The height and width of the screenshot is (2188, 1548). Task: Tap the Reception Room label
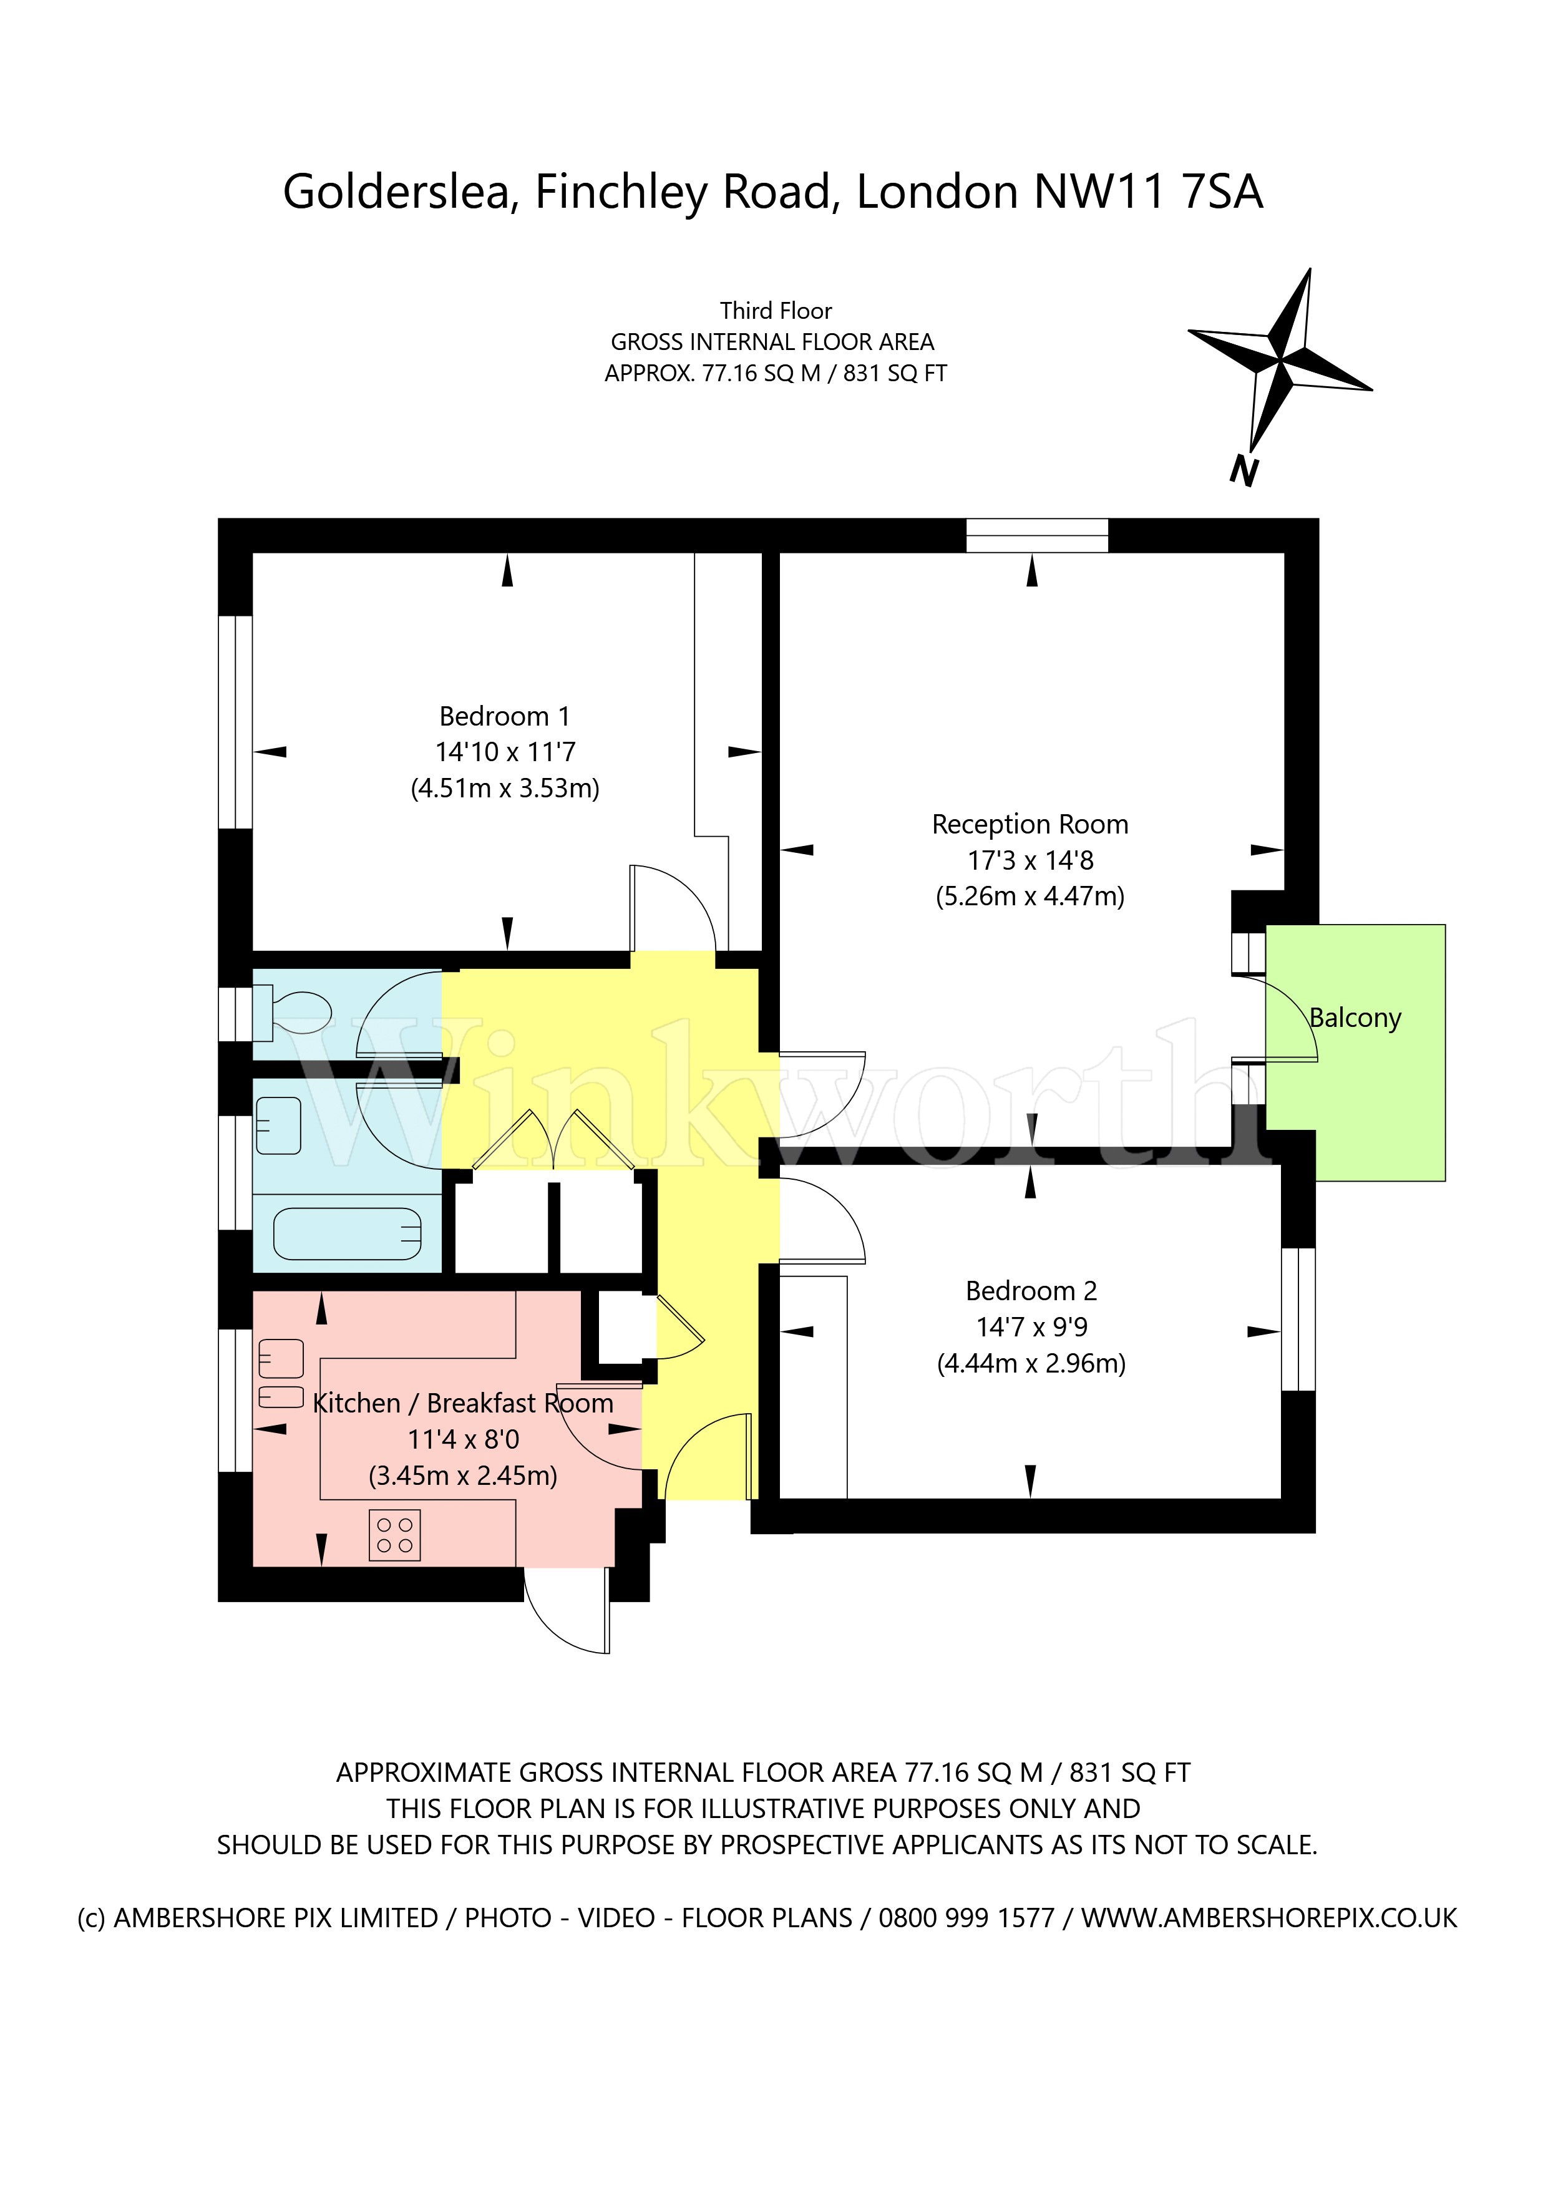(1030, 824)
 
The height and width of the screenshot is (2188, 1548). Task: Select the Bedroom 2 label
(1031, 1291)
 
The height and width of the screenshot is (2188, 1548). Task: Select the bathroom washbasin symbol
(278, 1126)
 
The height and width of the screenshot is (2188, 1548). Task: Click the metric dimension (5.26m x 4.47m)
(1030, 897)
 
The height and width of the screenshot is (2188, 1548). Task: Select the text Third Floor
(776, 311)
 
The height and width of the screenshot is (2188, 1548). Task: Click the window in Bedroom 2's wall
(1298, 1319)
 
